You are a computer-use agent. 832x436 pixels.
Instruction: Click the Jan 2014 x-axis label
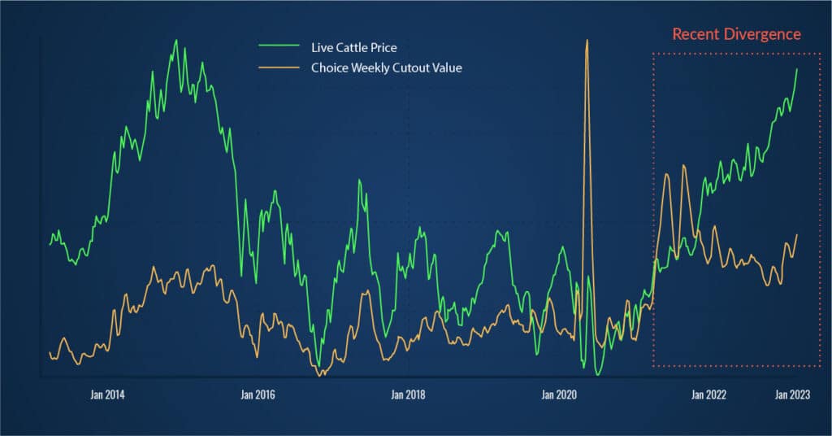tap(108, 395)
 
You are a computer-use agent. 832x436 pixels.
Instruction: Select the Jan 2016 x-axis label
tap(258, 395)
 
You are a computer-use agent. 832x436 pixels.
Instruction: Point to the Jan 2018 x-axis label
tap(408, 395)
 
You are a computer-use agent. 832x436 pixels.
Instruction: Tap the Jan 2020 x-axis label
tap(558, 395)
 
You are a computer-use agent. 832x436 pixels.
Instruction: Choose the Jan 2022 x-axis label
tap(708, 395)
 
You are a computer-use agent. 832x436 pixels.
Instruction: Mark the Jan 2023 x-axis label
tap(793, 395)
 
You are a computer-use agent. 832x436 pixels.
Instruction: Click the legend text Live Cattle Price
tap(353, 48)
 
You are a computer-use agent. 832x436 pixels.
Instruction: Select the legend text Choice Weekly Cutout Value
tap(386, 68)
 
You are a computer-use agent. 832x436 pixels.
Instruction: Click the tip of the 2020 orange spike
tap(587, 40)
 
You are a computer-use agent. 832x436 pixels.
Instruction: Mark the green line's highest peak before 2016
tap(175, 40)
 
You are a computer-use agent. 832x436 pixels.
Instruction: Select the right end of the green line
tap(797, 69)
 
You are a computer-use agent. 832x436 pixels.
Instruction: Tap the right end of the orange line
tap(797, 235)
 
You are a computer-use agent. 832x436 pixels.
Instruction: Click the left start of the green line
tap(50, 243)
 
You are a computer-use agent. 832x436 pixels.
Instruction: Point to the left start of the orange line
tap(50, 353)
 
